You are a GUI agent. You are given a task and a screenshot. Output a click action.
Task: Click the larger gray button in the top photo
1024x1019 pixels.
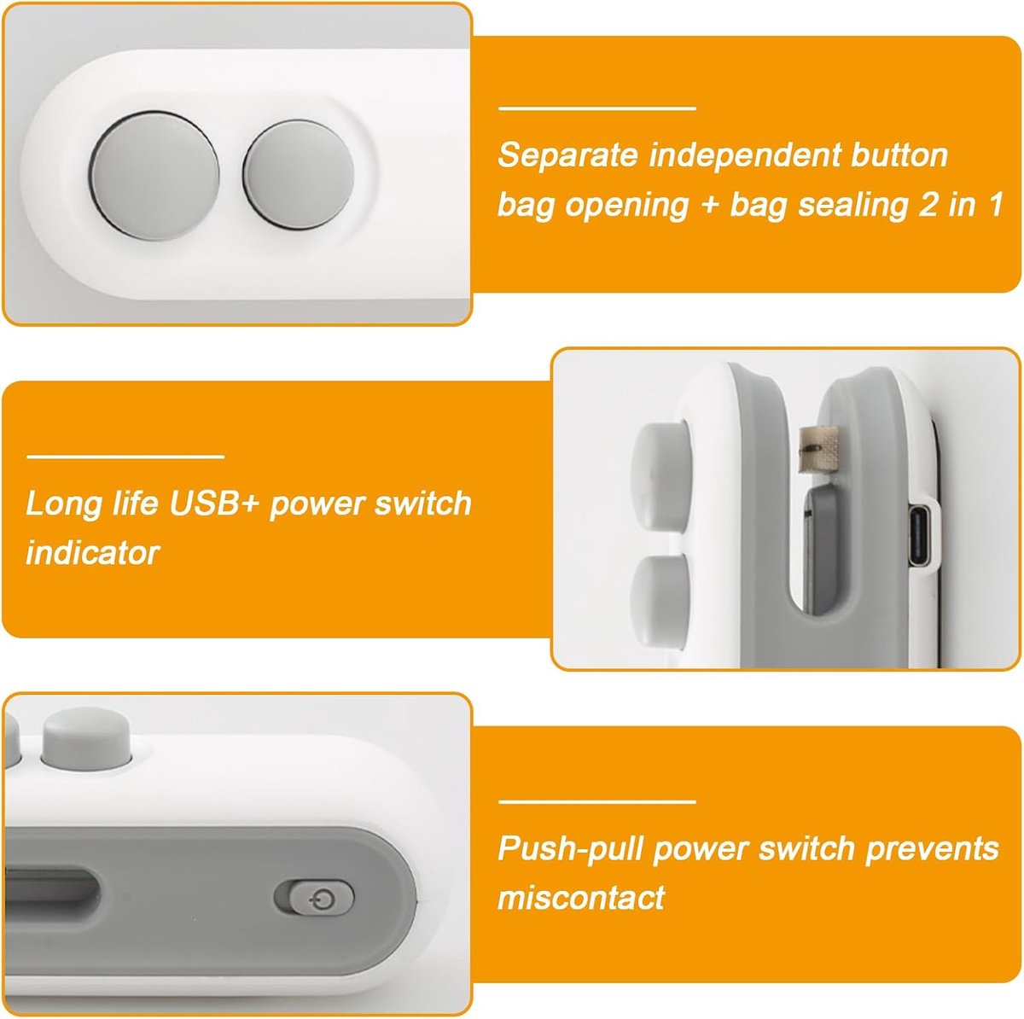(154, 174)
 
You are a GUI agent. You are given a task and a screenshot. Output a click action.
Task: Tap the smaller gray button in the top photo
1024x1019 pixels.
(299, 175)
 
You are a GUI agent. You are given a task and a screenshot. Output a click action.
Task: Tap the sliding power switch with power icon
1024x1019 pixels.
(321, 899)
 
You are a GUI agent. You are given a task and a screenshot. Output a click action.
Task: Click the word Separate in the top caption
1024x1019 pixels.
(567, 155)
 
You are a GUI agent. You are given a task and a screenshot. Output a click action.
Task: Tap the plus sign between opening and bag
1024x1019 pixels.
(710, 206)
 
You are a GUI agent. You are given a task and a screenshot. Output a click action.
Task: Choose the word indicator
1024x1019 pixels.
(92, 553)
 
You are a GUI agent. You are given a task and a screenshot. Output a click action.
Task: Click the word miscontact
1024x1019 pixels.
(581, 899)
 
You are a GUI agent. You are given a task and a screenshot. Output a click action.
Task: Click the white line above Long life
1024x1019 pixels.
(125, 456)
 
